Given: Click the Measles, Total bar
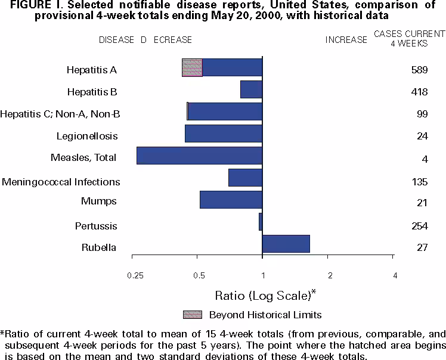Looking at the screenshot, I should point(199,156).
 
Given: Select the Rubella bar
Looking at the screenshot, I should point(286,244).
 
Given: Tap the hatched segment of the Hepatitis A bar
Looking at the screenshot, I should point(192,68).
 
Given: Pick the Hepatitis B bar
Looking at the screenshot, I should point(251,89).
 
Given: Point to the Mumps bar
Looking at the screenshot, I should point(231,200).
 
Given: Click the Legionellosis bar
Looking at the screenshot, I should point(224,134).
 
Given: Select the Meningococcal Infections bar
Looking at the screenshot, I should point(245,178).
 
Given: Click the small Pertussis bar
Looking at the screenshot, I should point(261,222).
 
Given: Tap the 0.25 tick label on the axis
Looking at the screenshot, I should point(135,275).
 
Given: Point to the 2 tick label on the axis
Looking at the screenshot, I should point(329,275).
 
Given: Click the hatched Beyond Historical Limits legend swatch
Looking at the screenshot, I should point(192,314).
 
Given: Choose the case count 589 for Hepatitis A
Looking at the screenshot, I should point(419,70).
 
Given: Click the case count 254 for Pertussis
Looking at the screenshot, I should point(419,225).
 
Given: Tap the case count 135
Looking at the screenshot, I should point(419,181).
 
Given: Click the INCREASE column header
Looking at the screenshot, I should point(346,40).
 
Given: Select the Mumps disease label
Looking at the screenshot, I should point(98,201).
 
